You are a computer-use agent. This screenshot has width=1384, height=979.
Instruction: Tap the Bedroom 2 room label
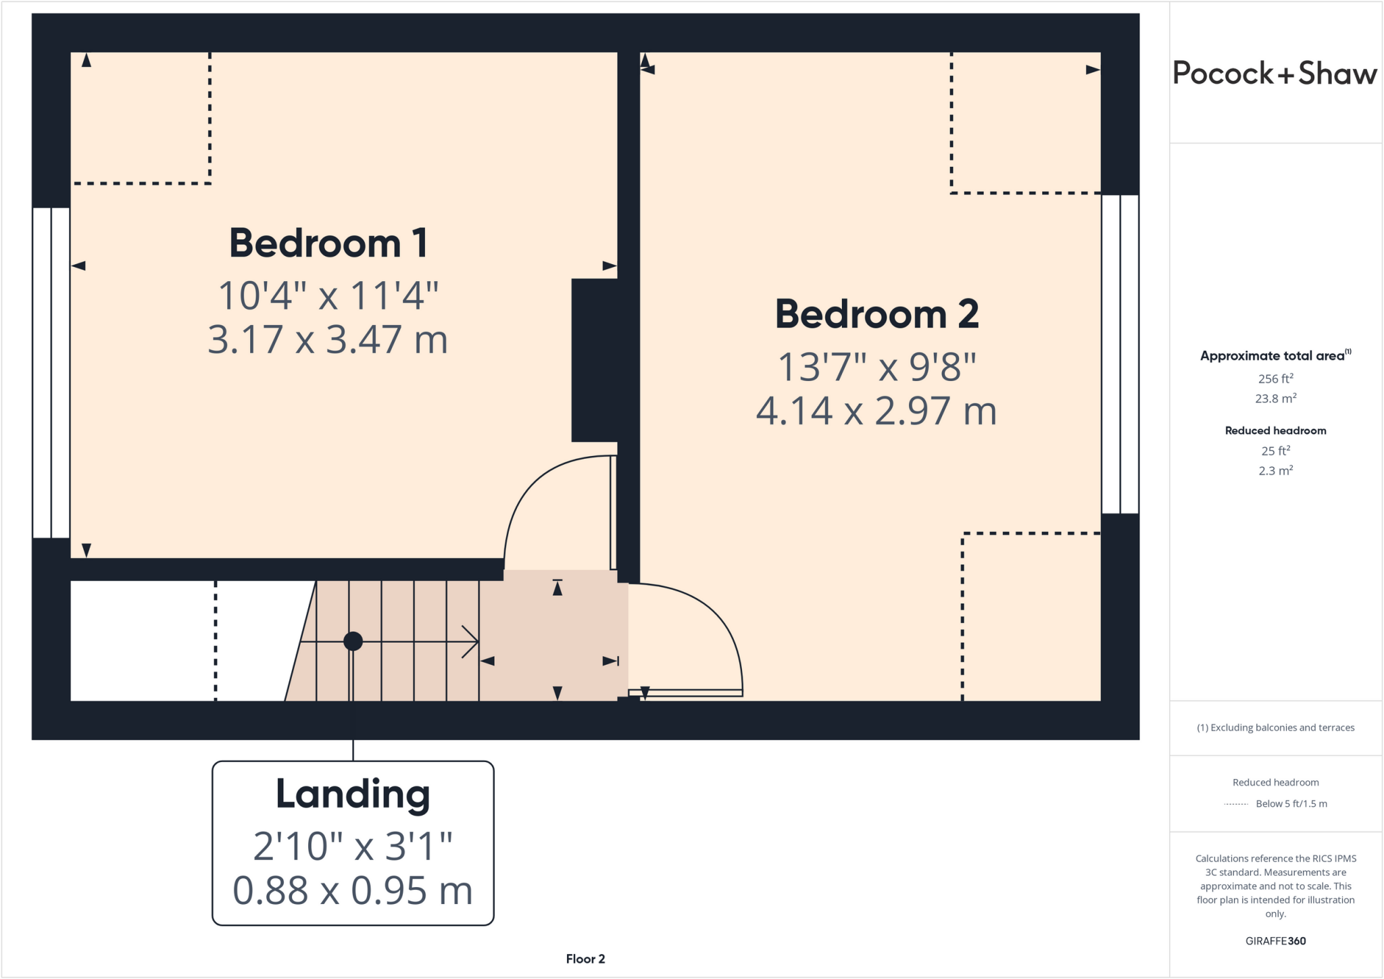(x=876, y=314)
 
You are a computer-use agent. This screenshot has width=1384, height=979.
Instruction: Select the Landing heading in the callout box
(x=353, y=794)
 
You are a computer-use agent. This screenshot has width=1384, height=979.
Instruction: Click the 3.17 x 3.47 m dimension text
(x=328, y=339)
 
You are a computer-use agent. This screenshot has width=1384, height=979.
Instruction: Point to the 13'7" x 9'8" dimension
(x=876, y=367)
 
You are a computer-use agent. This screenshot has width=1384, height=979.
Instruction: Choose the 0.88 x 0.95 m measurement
(x=353, y=890)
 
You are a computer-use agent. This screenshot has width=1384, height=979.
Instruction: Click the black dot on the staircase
(x=353, y=641)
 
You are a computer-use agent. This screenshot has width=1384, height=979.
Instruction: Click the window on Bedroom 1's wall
(x=51, y=372)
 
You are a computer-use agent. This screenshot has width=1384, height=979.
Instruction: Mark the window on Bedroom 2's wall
(x=1120, y=354)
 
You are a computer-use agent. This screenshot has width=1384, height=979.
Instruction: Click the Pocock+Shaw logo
(x=1275, y=73)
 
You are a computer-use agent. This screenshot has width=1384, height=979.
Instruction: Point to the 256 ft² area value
(x=1275, y=379)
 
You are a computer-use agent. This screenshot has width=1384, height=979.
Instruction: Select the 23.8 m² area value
(x=1275, y=399)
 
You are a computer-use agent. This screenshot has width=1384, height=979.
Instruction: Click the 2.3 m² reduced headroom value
(x=1275, y=471)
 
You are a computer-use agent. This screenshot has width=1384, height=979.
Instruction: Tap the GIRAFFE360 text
(x=1275, y=940)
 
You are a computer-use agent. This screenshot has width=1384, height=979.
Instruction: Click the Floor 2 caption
(x=585, y=959)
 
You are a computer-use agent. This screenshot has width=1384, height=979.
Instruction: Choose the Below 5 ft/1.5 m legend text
(x=1291, y=803)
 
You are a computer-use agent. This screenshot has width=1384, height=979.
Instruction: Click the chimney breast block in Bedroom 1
(x=595, y=360)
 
